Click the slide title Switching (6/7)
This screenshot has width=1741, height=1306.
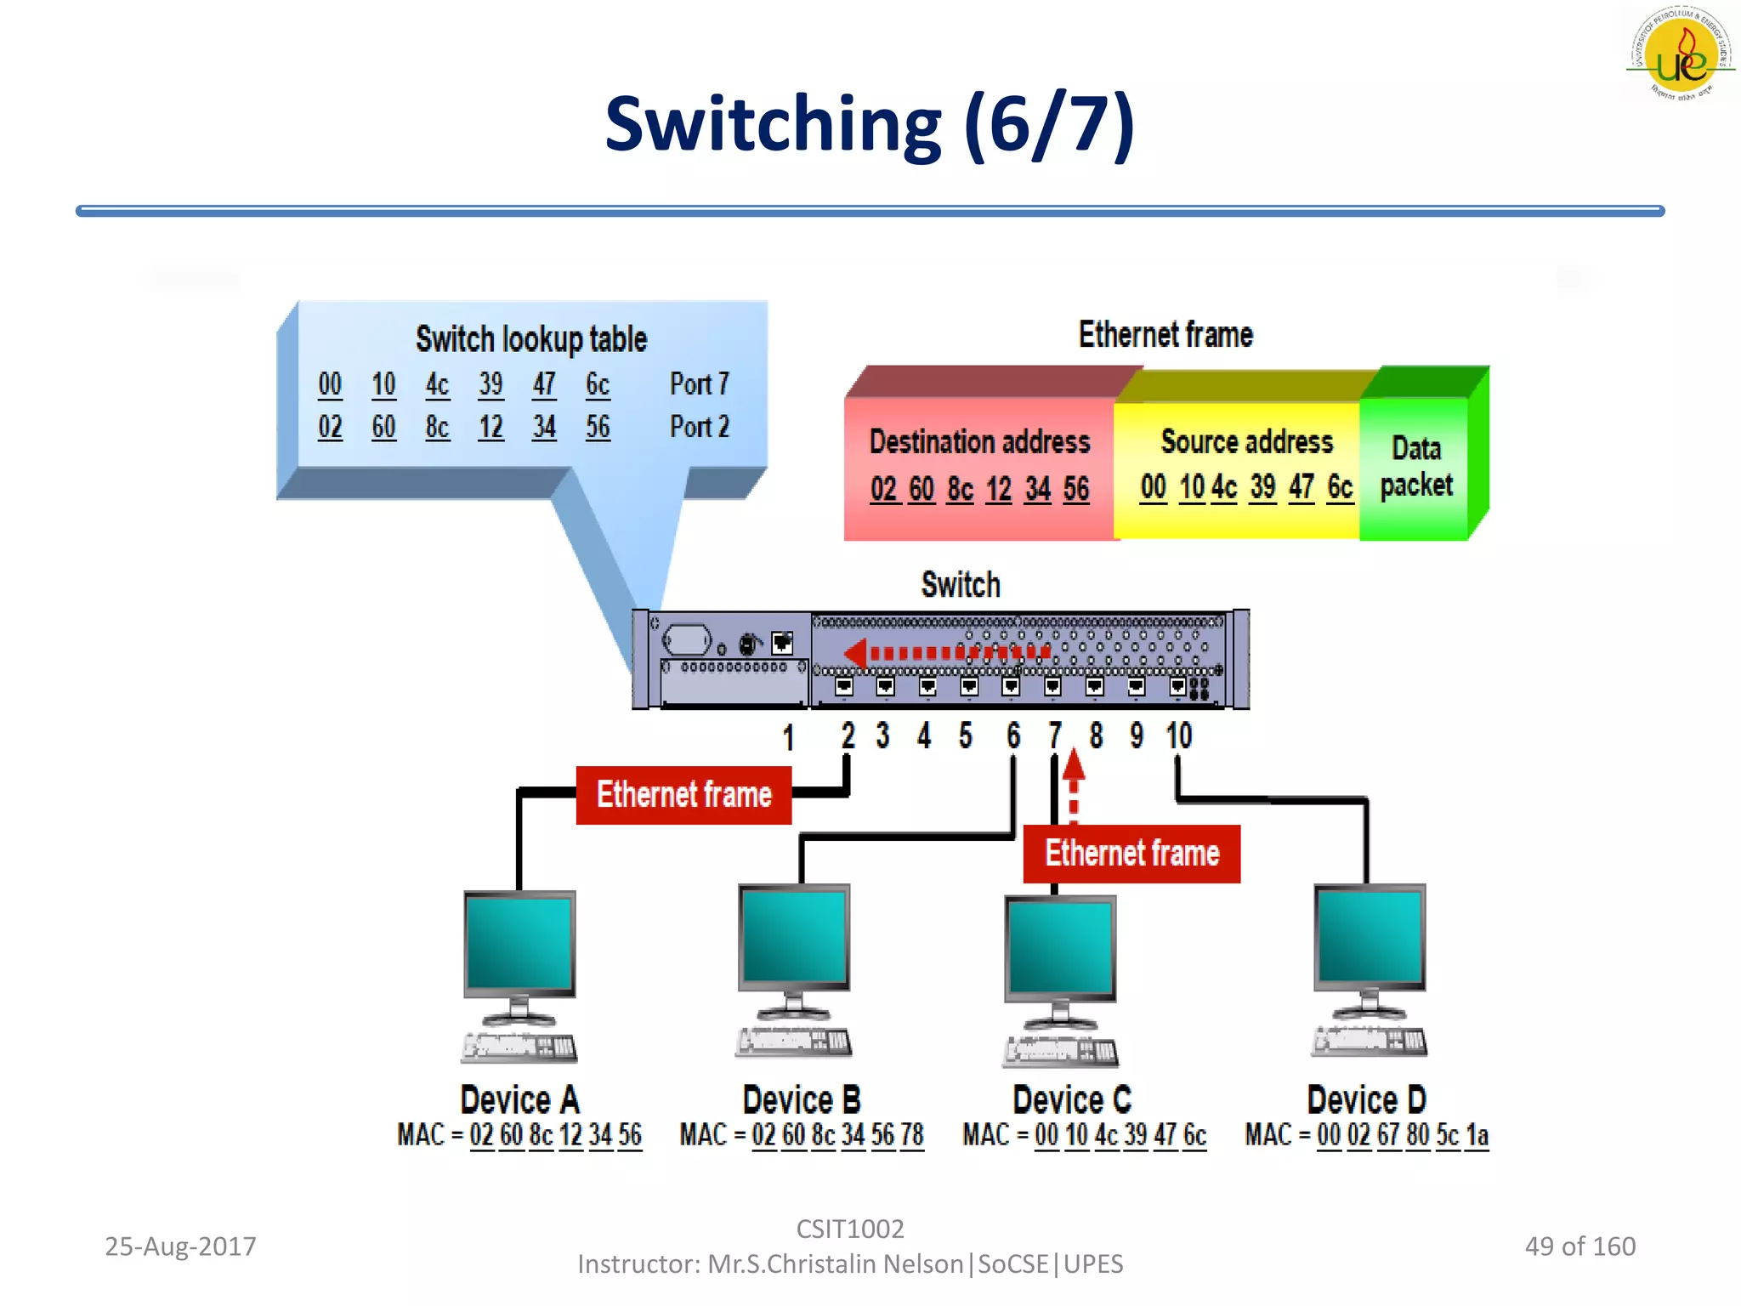click(869, 126)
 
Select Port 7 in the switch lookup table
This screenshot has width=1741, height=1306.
click(699, 384)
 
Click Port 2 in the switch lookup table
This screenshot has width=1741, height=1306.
click(699, 427)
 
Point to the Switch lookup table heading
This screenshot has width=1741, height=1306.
click(530, 339)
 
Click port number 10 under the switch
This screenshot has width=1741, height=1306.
click(1178, 735)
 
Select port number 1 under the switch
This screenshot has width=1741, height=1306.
click(788, 737)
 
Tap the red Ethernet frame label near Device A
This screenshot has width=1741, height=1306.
click(683, 795)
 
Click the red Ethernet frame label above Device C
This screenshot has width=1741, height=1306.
click(1131, 854)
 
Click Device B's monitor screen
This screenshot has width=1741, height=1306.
click(794, 937)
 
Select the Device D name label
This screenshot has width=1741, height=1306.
click(1366, 1100)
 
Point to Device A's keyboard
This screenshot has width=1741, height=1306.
click(519, 1047)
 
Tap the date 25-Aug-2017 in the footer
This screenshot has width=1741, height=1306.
click(180, 1246)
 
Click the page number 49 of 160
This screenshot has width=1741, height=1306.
click(1579, 1246)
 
